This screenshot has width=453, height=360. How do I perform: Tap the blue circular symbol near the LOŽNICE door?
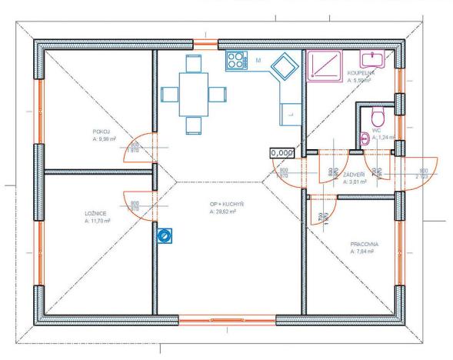(164, 235)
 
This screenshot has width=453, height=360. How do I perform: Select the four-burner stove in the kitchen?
(235, 61)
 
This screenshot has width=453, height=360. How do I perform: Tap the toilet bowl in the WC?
(377, 118)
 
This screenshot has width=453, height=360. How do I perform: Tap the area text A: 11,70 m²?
(98, 220)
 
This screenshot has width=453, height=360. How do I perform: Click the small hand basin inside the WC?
(365, 139)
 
